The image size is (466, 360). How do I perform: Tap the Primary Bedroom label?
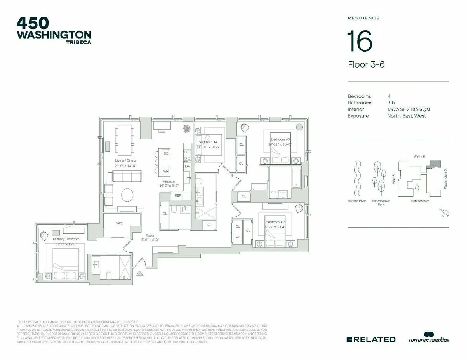[x=66, y=239]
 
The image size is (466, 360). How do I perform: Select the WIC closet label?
[x=119, y=223]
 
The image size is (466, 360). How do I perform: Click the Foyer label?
[x=150, y=235]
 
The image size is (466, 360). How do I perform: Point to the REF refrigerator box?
[x=177, y=195]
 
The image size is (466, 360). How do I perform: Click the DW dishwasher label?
[x=187, y=166]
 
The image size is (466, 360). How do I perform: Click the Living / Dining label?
[x=125, y=160]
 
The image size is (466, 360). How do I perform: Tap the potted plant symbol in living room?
[x=187, y=128]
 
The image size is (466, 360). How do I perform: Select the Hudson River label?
[x=356, y=201]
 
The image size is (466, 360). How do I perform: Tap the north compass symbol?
[x=445, y=213]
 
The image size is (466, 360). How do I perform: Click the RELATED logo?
[x=371, y=339]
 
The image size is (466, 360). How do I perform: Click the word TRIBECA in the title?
[x=78, y=43]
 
